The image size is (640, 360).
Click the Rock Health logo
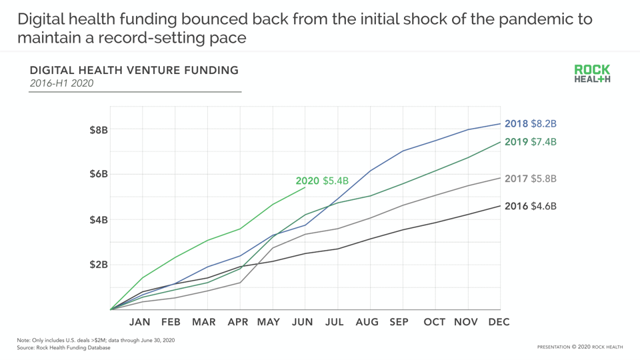592,74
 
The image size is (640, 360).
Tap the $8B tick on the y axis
99,129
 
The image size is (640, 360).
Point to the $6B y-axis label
99,175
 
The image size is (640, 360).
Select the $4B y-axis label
99,220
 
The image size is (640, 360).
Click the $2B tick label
99,265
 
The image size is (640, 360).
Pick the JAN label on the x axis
140,322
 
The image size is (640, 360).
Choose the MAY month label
269,322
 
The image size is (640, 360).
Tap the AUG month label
367,322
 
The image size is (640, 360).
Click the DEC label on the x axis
499,322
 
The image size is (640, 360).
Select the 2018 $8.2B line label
531,124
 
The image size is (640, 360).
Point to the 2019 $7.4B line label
531,142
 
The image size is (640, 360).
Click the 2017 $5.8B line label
531,179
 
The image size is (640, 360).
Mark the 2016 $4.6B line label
531,206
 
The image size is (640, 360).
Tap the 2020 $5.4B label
322,181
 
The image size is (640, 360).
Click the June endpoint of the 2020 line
305,187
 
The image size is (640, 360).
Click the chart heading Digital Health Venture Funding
134,70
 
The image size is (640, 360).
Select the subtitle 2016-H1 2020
61,83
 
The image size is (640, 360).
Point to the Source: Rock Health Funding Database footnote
64,348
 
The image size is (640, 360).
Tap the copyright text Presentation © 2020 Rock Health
580,347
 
